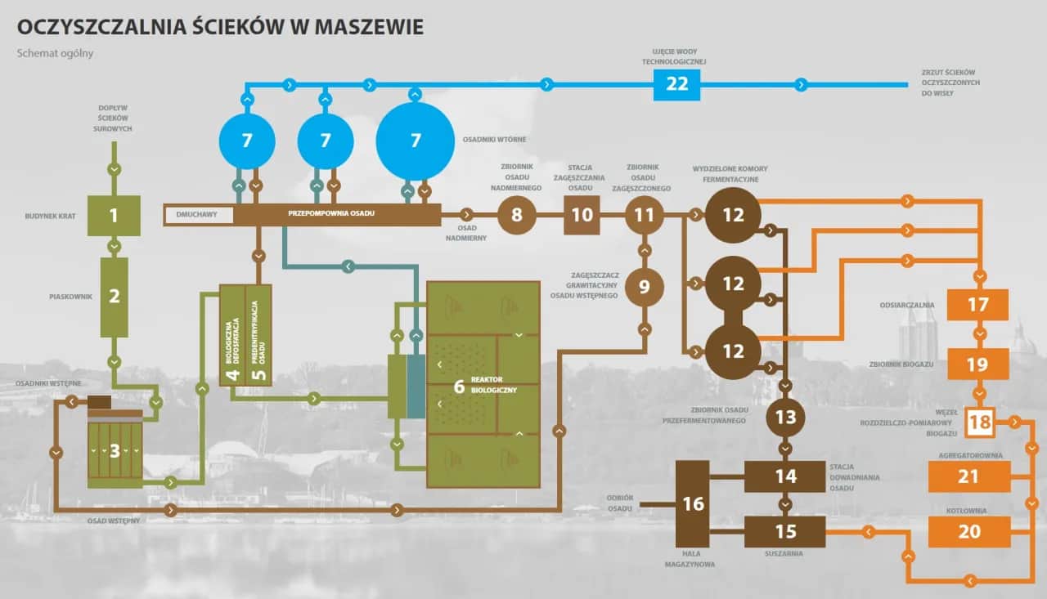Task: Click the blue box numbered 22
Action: pyautogui.click(x=676, y=84)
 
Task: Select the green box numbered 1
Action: pyautogui.click(x=114, y=216)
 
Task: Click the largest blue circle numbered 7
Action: pyautogui.click(x=415, y=141)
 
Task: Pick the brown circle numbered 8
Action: pyautogui.click(x=516, y=216)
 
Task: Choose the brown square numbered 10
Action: pyautogui.click(x=582, y=216)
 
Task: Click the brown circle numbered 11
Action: pyautogui.click(x=645, y=216)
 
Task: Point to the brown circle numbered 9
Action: pyautogui.click(x=645, y=287)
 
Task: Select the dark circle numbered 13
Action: pyautogui.click(x=785, y=418)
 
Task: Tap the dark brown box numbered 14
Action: pyautogui.click(x=785, y=476)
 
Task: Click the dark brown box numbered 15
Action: pyautogui.click(x=785, y=531)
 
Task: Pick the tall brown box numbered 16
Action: pyautogui.click(x=693, y=503)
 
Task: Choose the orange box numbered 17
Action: pyautogui.click(x=977, y=305)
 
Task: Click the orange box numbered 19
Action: pyautogui.click(x=977, y=364)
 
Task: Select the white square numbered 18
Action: pyautogui.click(x=978, y=422)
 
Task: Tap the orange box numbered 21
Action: pyautogui.click(x=968, y=476)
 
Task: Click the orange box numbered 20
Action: pyautogui.click(x=968, y=531)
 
